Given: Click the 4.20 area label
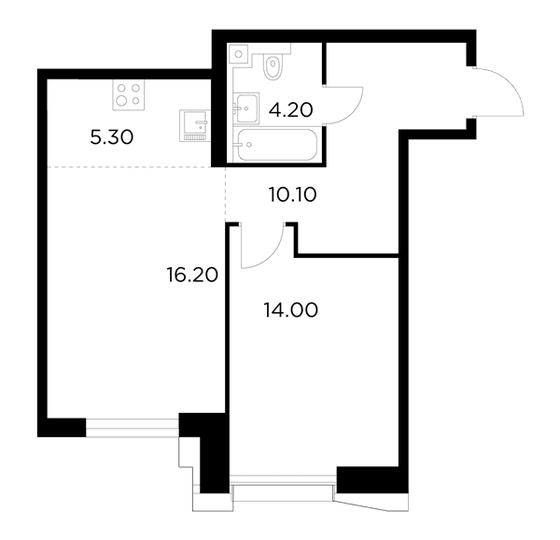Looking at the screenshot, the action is (x=290, y=110).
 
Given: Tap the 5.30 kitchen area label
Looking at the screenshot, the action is (x=112, y=137).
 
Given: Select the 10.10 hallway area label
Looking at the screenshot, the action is (x=293, y=195).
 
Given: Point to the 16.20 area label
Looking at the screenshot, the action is (x=192, y=276).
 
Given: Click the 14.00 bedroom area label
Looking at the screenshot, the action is (x=290, y=310).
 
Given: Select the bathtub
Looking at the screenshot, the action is (x=277, y=145).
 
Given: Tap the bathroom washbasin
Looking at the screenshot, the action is (x=246, y=108).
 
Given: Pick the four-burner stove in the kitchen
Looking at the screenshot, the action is (x=129, y=94).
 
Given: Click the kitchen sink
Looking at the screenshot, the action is (x=195, y=125).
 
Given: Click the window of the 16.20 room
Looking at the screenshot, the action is (x=133, y=428).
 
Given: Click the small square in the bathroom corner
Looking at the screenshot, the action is (x=239, y=54).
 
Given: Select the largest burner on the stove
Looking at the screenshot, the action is (x=121, y=101).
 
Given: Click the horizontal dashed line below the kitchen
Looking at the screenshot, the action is (x=130, y=167).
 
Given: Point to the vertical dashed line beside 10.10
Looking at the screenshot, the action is (x=226, y=194).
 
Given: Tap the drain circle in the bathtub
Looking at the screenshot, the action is (x=249, y=145).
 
